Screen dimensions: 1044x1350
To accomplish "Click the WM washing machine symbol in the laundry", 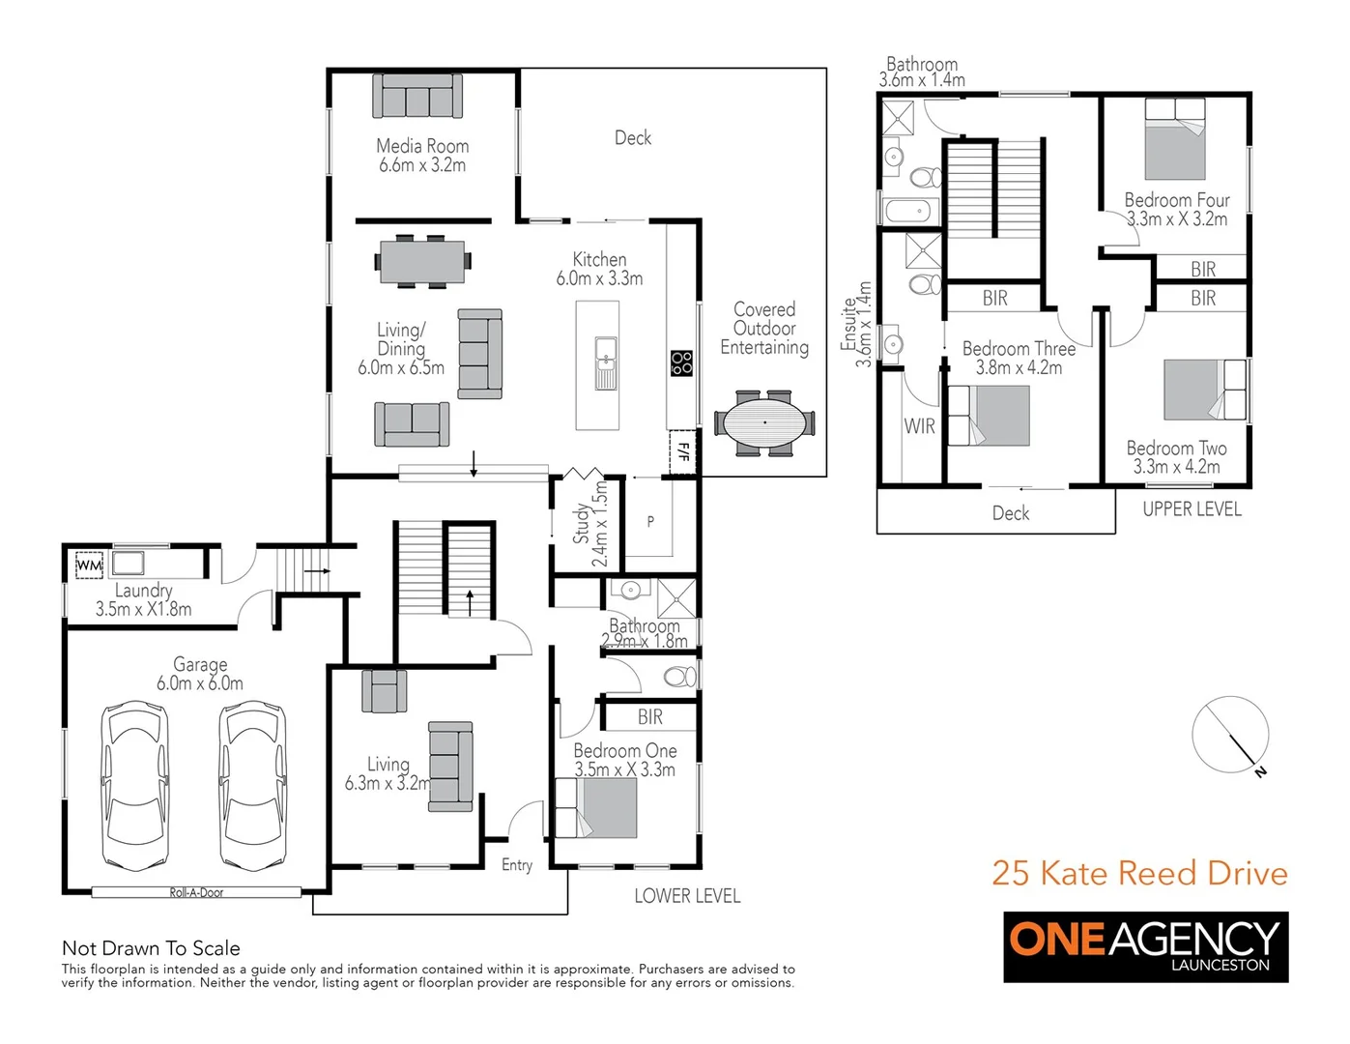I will (x=89, y=565).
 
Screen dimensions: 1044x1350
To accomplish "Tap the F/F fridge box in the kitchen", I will (x=683, y=451).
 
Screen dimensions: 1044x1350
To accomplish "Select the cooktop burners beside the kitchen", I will (x=682, y=363).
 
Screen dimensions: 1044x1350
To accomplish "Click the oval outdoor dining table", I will (x=764, y=422).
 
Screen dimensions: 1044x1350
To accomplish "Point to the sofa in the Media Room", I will (x=417, y=97).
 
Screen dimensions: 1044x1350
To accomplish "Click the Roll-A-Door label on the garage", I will (x=196, y=892).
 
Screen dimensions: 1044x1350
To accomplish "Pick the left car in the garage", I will (x=134, y=785).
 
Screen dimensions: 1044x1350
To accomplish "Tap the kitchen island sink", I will (x=606, y=363).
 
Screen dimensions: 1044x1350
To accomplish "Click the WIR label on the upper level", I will (x=919, y=426).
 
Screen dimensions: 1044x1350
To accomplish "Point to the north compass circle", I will (x=1230, y=735).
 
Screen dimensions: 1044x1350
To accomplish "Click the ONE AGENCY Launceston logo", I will (x=1145, y=947).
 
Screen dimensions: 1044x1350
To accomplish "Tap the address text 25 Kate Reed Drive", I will (x=1139, y=873).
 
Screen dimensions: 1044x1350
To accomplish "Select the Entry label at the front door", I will (x=517, y=865).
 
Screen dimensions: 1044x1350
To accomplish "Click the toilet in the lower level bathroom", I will (x=680, y=676).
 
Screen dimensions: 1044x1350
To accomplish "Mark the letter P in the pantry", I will (x=650, y=521).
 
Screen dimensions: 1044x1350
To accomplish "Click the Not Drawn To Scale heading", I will (x=151, y=948).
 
